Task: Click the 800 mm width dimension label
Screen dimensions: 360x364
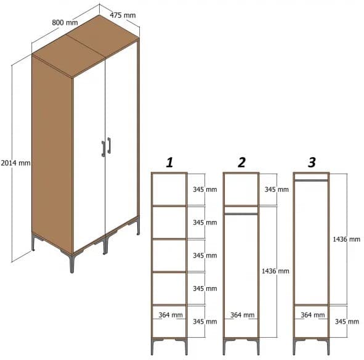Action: [65, 23]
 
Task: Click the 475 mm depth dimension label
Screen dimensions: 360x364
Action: [123, 14]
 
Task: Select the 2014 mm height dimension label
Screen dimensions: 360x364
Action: [15, 163]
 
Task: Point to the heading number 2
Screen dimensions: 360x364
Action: [241, 162]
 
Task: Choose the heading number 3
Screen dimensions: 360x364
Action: [312, 162]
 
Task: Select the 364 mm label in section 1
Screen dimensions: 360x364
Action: [171, 315]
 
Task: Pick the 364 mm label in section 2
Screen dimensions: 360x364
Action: [242, 315]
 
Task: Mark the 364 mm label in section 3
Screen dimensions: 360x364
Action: [313, 315]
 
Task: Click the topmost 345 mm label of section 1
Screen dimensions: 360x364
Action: [204, 189]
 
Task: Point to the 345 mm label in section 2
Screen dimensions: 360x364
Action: [277, 189]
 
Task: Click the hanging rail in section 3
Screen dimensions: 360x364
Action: [312, 181]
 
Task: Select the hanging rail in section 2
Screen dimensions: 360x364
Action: [241, 213]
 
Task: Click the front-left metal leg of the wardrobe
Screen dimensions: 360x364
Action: [71, 262]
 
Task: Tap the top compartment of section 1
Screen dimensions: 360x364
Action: [169, 189]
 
